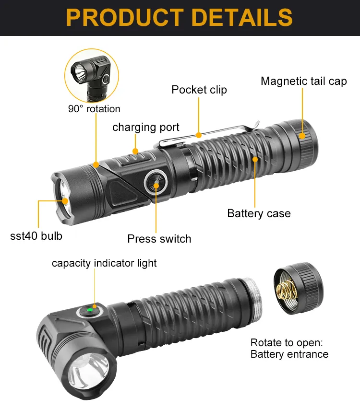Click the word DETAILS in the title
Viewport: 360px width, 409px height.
pyautogui.click(x=239, y=17)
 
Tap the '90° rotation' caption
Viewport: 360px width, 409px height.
pyautogui.click(x=94, y=109)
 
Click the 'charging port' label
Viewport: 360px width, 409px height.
pyautogui.click(x=145, y=127)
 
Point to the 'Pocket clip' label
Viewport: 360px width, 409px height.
pyautogui.click(x=199, y=90)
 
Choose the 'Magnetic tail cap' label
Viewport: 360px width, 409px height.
pyautogui.click(x=303, y=81)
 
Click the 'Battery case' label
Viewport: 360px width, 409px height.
pyautogui.click(x=259, y=213)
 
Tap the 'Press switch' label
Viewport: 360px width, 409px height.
pyautogui.click(x=159, y=238)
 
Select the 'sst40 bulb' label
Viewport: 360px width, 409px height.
pyautogui.click(x=36, y=236)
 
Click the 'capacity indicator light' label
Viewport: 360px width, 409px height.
pyautogui.click(x=104, y=263)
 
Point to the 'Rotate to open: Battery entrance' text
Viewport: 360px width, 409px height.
pyautogui.click(x=289, y=349)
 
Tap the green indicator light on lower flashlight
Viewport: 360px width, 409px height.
pyautogui.click(x=89, y=310)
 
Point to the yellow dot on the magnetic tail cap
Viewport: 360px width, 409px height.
pyautogui.click(x=302, y=136)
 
